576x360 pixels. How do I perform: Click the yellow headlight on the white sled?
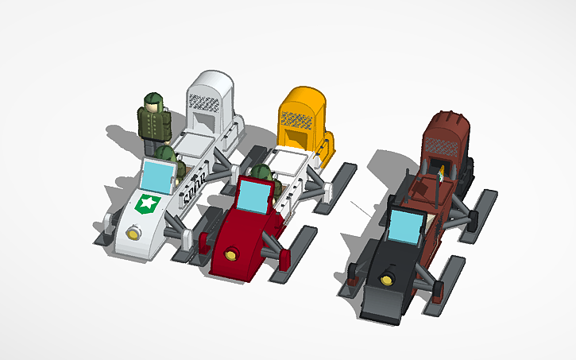[x=132, y=233]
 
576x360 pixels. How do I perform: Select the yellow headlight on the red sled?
[x=230, y=255]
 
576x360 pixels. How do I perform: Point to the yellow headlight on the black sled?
[x=388, y=277]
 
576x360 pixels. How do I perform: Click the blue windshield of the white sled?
[x=157, y=175]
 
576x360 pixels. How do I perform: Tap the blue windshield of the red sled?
[x=255, y=196]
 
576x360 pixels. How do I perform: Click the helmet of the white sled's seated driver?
[x=164, y=152]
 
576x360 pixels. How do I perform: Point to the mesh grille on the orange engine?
[x=296, y=120]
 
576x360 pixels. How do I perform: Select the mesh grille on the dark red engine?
[x=439, y=144]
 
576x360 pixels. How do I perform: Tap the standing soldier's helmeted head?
[x=151, y=102]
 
